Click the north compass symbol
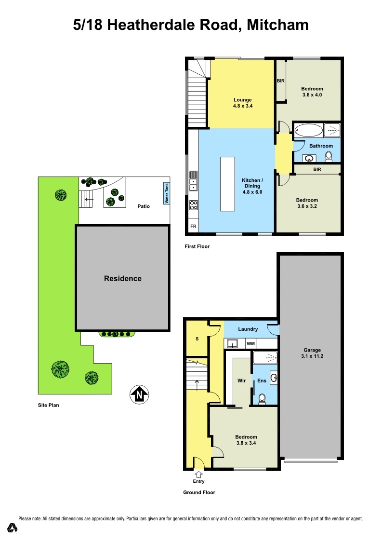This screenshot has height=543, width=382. point(139,394)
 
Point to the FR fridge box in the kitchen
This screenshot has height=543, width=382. point(193,226)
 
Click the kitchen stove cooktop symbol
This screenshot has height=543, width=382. point(193,205)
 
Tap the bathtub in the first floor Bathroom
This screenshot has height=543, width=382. point(308,130)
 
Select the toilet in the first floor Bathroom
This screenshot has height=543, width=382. point(329,156)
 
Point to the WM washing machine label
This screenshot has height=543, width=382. point(250,344)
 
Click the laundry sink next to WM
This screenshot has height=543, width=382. point(233,343)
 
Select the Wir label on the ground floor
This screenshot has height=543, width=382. point(242,380)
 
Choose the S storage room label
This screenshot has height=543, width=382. point(197,339)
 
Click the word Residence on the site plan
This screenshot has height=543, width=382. point(123,278)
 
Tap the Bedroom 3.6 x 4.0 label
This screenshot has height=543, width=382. point(312,92)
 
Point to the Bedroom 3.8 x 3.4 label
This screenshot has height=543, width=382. point(245,440)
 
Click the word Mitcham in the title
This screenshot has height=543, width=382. point(277,25)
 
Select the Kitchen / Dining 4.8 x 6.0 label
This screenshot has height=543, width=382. point(252,186)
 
